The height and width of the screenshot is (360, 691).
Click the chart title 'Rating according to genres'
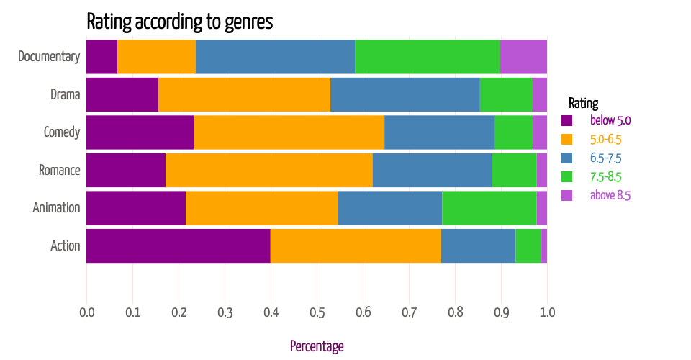179,21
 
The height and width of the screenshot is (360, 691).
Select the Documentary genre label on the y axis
48,57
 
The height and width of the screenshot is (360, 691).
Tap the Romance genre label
59,171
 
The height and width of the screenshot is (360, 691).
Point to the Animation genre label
56,208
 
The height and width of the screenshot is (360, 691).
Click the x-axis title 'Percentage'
317,346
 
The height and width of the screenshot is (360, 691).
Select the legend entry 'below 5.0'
610,120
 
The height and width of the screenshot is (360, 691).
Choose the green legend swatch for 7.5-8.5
566,176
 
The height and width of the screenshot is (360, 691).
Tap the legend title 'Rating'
583,102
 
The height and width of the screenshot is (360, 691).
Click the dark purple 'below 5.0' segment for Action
178,246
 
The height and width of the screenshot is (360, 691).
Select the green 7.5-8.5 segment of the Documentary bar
427,57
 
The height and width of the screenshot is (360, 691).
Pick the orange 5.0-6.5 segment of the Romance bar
268,171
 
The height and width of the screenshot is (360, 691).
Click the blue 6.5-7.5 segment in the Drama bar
405,94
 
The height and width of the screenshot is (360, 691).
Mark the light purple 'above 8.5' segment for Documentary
523,57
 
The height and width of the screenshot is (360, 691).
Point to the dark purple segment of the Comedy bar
140,132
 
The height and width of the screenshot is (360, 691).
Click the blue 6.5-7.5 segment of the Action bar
478,246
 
